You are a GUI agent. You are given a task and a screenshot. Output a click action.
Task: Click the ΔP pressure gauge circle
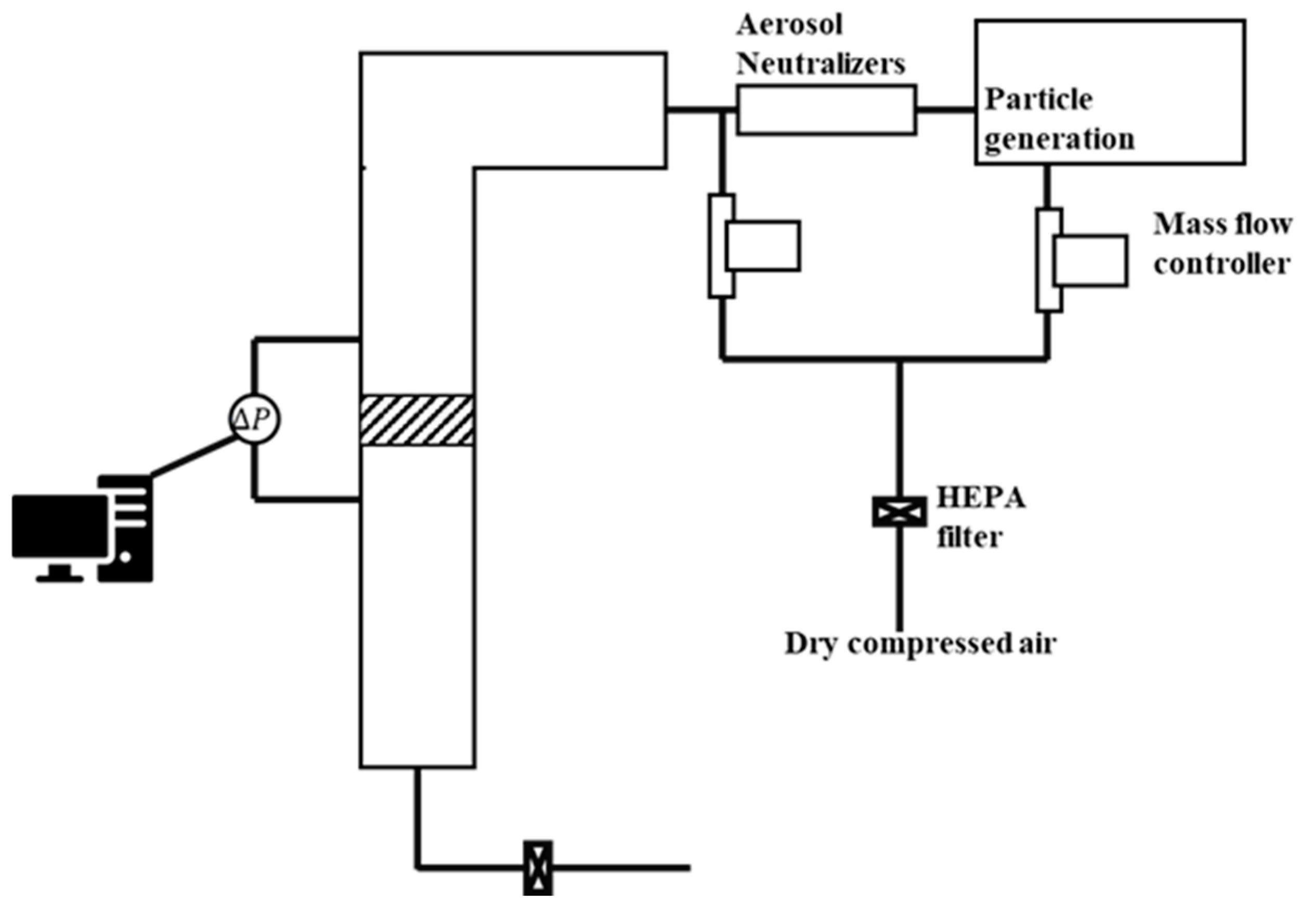click(x=254, y=419)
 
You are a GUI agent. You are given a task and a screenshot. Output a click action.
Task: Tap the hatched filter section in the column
click(x=417, y=420)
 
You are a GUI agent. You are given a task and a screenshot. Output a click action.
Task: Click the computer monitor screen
click(x=59, y=526)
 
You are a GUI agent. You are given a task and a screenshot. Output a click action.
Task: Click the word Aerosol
click(x=788, y=25)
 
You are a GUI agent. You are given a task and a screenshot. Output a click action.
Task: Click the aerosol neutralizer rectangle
click(x=826, y=109)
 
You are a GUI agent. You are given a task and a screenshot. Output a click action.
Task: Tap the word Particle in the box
click(x=1038, y=100)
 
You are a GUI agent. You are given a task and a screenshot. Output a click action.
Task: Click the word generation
click(x=1059, y=139)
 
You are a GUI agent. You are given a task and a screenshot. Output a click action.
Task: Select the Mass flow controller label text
click(x=1222, y=245)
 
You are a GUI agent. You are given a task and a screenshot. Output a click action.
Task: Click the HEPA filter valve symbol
click(x=899, y=511)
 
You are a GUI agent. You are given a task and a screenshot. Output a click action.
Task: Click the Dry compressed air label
click(x=920, y=644)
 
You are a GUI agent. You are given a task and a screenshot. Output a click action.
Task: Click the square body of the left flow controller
click(x=763, y=246)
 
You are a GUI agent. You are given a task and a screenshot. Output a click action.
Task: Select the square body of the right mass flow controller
click(x=1090, y=260)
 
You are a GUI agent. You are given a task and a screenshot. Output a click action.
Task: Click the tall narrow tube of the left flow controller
click(x=721, y=246)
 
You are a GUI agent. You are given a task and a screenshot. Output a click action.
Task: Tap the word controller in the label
click(x=1221, y=264)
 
